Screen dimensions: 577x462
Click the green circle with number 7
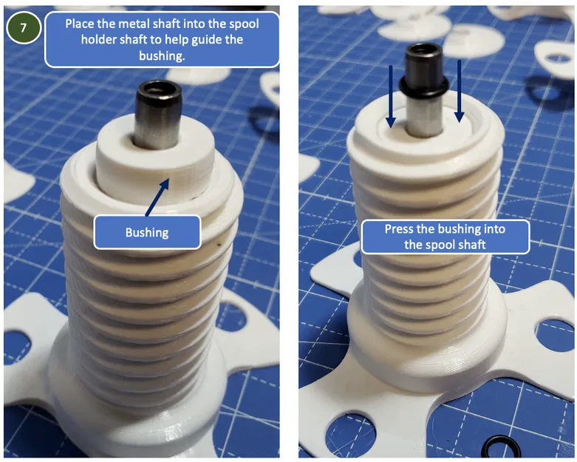pyautogui.click(x=23, y=28)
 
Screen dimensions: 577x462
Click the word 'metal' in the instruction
pyautogui.click(x=121, y=24)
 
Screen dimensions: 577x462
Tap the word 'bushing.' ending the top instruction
pyautogui.click(x=162, y=55)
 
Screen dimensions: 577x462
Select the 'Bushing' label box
pyautogui.click(x=147, y=232)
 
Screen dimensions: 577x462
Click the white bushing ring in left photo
pyautogui.click(x=155, y=154)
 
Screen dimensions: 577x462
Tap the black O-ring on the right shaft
pyautogui.click(x=423, y=87)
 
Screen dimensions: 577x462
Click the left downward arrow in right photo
pyautogui.click(x=391, y=97)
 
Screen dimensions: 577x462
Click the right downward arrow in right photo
pyautogui.click(x=459, y=92)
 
